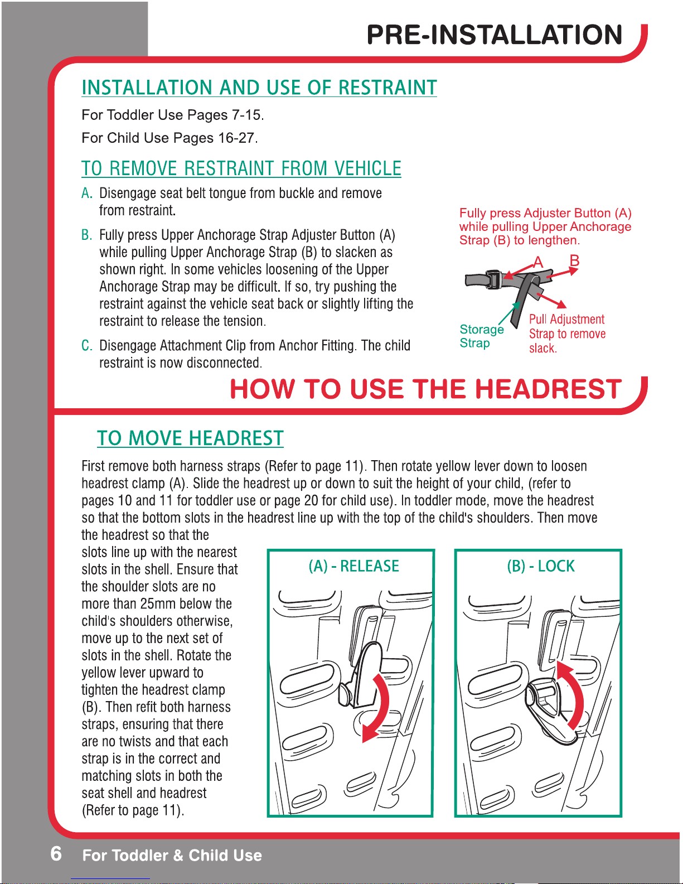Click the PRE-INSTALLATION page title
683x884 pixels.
coord(494,35)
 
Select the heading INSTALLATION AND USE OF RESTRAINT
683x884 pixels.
coord(259,88)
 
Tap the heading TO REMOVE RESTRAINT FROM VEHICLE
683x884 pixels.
coord(241,168)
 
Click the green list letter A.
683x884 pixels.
coord(87,193)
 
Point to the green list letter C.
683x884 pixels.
coord(87,345)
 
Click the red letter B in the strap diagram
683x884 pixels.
coord(574,260)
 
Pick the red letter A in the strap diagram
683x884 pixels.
coord(538,262)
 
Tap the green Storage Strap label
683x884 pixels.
coord(482,336)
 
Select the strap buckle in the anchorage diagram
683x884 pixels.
coord(493,280)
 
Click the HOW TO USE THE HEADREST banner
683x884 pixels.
coord(425,389)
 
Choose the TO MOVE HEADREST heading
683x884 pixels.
coord(190,438)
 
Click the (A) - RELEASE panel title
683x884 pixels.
coord(353,566)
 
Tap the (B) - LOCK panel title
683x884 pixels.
coord(541,566)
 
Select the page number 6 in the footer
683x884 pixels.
coord(56,853)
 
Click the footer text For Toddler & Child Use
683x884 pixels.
coord(172,855)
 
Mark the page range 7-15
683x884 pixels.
coord(248,115)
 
